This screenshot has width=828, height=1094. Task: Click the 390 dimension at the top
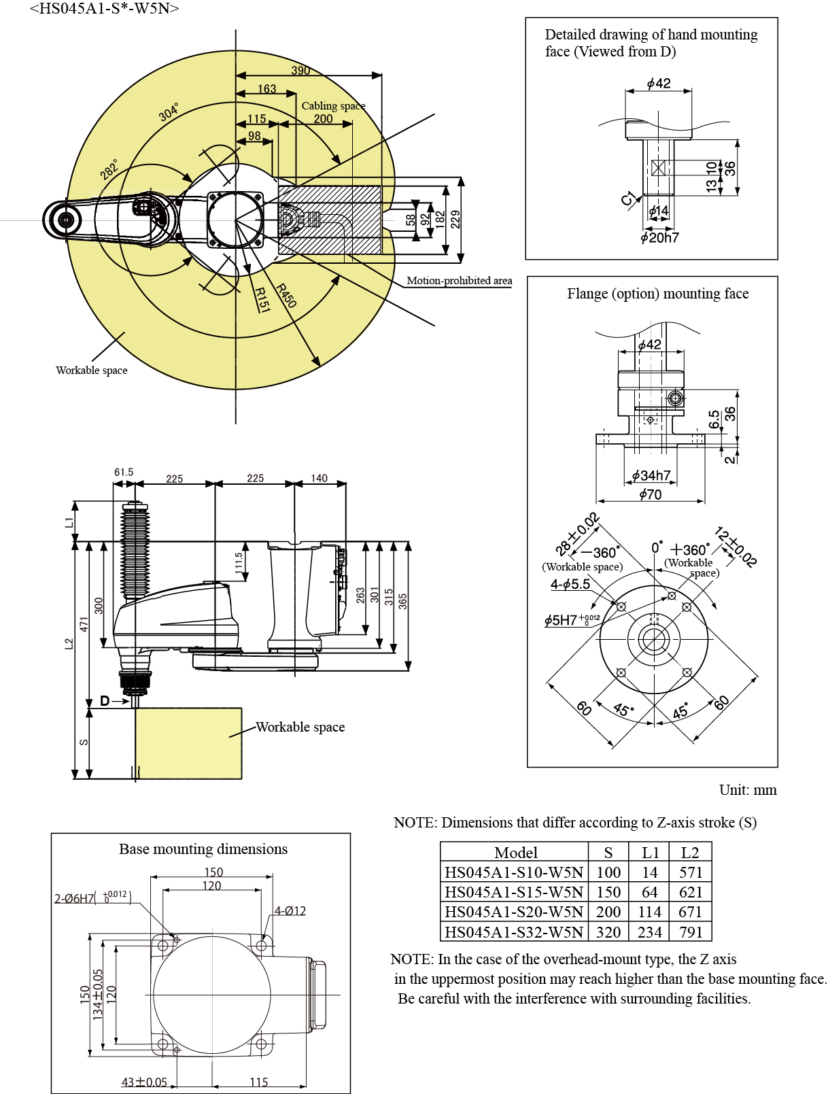tap(300, 70)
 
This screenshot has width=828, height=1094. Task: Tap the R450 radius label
tap(287, 295)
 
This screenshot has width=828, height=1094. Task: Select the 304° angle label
tap(169, 112)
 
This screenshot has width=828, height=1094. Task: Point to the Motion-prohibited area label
tap(459, 280)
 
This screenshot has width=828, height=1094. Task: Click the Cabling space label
tap(333, 105)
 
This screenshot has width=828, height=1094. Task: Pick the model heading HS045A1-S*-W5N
tap(104, 9)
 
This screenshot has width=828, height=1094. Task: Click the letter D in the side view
tap(105, 701)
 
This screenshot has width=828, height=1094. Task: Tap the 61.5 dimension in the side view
tap(124, 472)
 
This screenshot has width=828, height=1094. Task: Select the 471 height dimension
tap(84, 623)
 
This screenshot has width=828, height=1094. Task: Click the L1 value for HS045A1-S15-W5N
tap(650, 892)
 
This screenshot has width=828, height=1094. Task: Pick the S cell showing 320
tap(608, 931)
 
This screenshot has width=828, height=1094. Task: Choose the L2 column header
tap(690, 853)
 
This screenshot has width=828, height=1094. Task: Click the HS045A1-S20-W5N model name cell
tap(514, 912)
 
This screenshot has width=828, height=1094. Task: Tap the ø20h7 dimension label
tap(659, 237)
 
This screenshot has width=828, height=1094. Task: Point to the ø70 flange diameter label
tap(650, 494)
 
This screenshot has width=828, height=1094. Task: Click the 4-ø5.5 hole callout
tap(570, 584)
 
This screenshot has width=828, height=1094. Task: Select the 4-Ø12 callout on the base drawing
tap(290, 911)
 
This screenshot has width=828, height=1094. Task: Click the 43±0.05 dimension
tap(144, 1082)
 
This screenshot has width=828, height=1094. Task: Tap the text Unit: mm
tap(748, 790)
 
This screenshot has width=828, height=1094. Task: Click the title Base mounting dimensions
tap(203, 849)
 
